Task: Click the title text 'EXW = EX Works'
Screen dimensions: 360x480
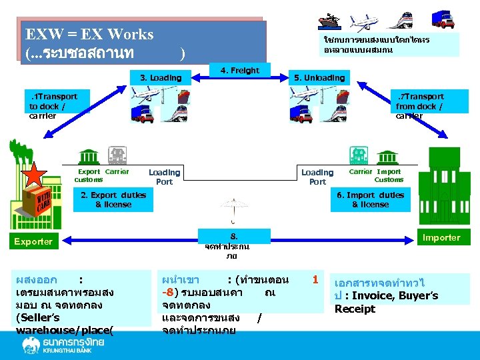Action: click(89, 34)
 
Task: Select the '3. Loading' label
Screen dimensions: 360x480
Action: click(161, 78)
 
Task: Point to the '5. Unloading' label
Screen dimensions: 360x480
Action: click(320, 78)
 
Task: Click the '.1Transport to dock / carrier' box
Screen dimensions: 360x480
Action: click(53, 106)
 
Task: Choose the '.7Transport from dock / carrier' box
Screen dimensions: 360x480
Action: click(419, 106)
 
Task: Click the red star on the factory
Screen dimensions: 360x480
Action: click(34, 175)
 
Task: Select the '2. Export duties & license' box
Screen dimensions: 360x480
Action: click(113, 200)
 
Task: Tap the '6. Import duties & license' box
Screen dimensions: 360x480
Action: click(370, 200)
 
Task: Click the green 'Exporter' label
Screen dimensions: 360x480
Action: click(33, 241)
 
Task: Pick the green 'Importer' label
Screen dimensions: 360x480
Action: click(441, 237)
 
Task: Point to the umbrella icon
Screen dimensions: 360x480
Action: click(233, 209)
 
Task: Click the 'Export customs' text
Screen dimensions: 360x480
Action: click(89, 175)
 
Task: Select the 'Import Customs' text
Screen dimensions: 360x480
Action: click(389, 175)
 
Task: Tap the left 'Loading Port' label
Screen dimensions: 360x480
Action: click(164, 177)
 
